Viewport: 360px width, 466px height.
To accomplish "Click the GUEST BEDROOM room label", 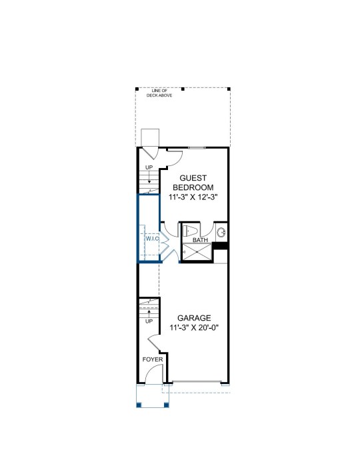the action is point(193,183).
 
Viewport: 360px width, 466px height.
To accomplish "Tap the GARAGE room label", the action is point(194,318).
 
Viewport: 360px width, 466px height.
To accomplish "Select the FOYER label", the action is point(153,359).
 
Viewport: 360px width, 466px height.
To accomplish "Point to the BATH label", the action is point(201,240).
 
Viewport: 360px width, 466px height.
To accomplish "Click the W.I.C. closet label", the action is point(153,239).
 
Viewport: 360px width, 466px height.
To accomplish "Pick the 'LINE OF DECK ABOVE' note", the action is point(159,93).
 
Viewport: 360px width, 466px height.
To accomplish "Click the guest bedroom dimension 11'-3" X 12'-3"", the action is point(193,197).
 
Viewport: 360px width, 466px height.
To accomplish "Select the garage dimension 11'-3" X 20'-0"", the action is point(194,327).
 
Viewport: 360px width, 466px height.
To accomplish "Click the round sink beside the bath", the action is point(221,233).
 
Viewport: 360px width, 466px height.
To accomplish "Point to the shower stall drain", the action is point(197,252).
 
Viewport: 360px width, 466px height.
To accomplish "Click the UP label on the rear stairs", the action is point(149,167).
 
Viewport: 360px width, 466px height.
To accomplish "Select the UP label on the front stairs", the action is point(149,321).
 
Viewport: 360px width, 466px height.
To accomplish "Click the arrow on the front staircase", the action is point(149,314).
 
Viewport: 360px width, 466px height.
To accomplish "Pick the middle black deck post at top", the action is point(183,89).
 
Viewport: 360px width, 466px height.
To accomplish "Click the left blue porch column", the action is point(139,405).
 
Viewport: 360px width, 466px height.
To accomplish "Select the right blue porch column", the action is point(167,405).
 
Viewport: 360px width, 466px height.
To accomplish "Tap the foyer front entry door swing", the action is point(155,370).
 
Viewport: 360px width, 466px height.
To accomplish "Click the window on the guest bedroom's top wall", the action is point(197,147).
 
